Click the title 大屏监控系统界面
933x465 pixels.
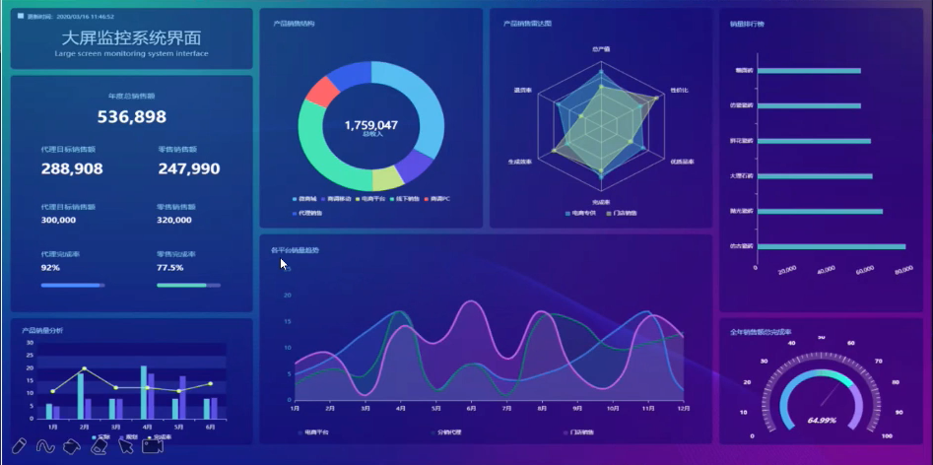[131, 37]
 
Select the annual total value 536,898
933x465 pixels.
[131, 117]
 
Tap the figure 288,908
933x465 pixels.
[72, 169]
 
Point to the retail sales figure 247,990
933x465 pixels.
[188, 169]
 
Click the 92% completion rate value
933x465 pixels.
[50, 268]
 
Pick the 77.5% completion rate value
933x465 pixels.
[169, 268]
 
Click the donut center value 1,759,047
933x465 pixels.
[371, 125]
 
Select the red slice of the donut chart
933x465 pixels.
[322, 92]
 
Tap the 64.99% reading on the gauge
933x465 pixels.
[822, 420]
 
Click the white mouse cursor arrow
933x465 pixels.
[284, 264]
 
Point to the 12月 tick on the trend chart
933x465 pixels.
[683, 407]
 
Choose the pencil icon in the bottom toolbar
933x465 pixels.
[20, 446]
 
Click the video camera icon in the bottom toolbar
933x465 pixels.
[153, 446]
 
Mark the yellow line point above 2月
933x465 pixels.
[85, 369]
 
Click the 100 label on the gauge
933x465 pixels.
[887, 435]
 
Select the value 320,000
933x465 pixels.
[174, 220]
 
